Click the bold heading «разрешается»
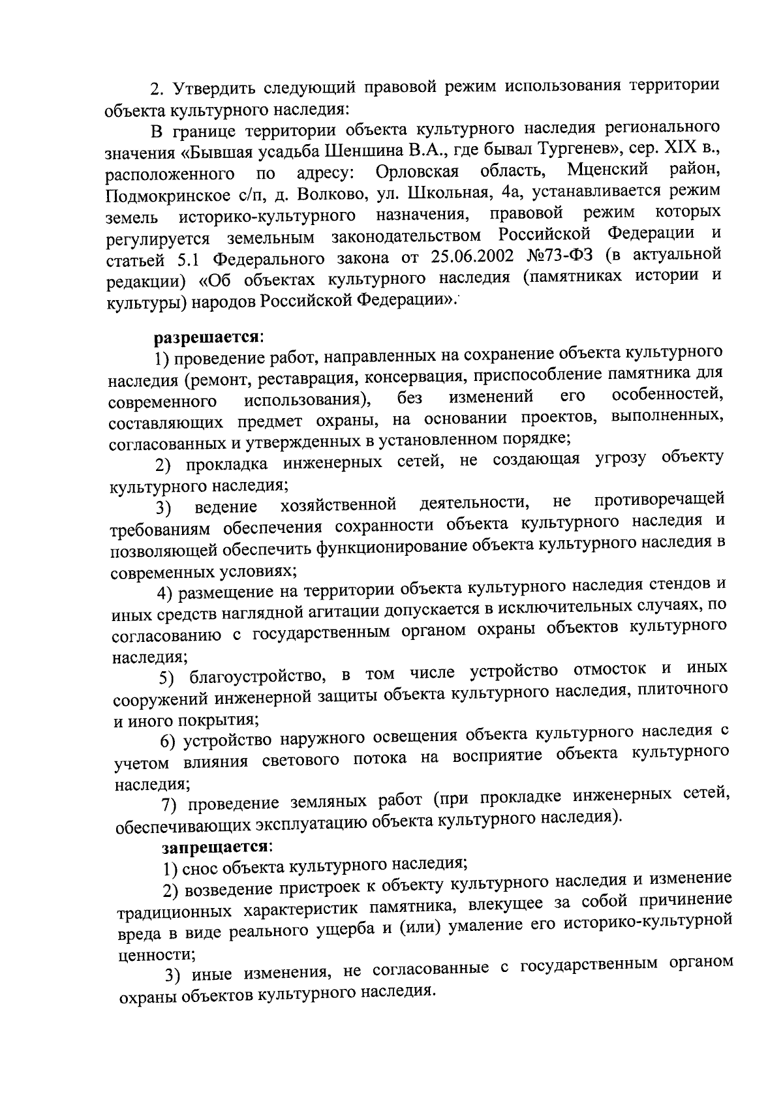207,337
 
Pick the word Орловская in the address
418,172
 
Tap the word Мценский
608,170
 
